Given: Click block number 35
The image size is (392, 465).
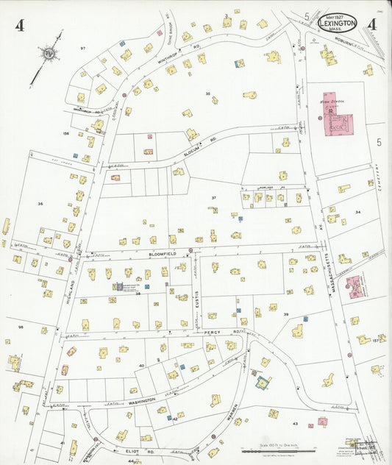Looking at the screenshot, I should tap(208, 93).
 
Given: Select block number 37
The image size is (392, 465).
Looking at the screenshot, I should tap(214, 198).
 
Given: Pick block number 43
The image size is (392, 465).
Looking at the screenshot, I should tap(295, 425).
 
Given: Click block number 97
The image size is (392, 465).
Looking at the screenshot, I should tap(83, 48).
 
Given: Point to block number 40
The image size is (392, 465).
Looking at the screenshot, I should tap(142, 366).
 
